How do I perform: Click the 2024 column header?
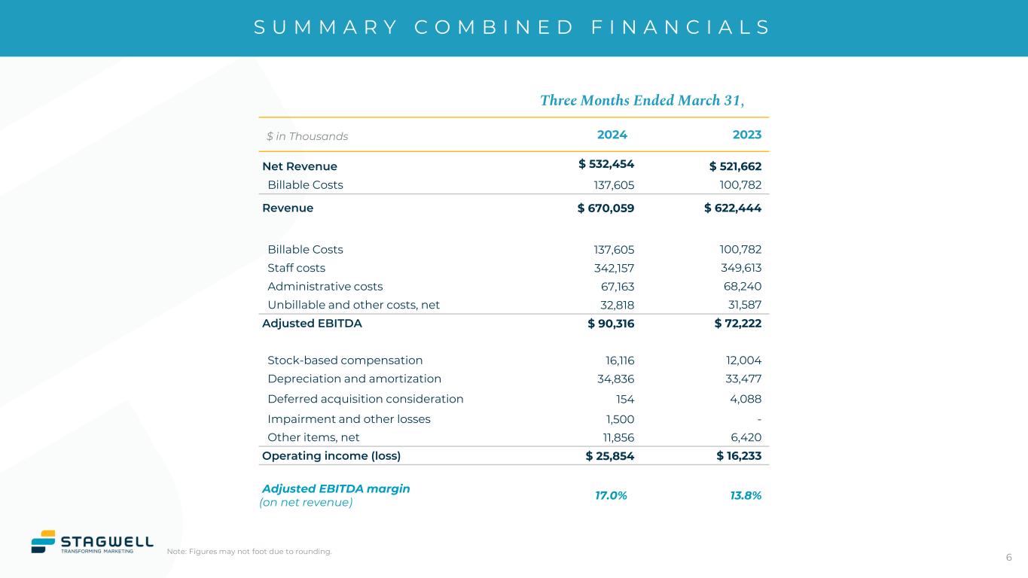click(612, 135)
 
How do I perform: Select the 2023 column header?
click(746, 135)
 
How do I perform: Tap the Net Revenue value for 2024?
click(606, 165)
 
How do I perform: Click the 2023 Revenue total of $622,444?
click(733, 208)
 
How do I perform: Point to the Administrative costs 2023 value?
click(742, 287)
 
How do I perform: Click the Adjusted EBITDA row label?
click(312, 324)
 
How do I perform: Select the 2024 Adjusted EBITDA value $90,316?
click(611, 324)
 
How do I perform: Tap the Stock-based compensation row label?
click(345, 360)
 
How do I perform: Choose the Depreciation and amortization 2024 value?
click(615, 379)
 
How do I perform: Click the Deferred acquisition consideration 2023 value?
click(745, 399)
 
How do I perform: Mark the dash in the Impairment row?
click(759, 419)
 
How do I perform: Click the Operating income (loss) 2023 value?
click(739, 456)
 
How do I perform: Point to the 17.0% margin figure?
click(611, 495)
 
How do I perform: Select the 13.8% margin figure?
click(746, 495)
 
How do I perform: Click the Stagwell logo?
click(92, 542)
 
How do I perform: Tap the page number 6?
click(1008, 558)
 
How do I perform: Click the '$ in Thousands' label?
click(307, 136)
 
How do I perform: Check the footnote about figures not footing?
click(249, 552)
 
